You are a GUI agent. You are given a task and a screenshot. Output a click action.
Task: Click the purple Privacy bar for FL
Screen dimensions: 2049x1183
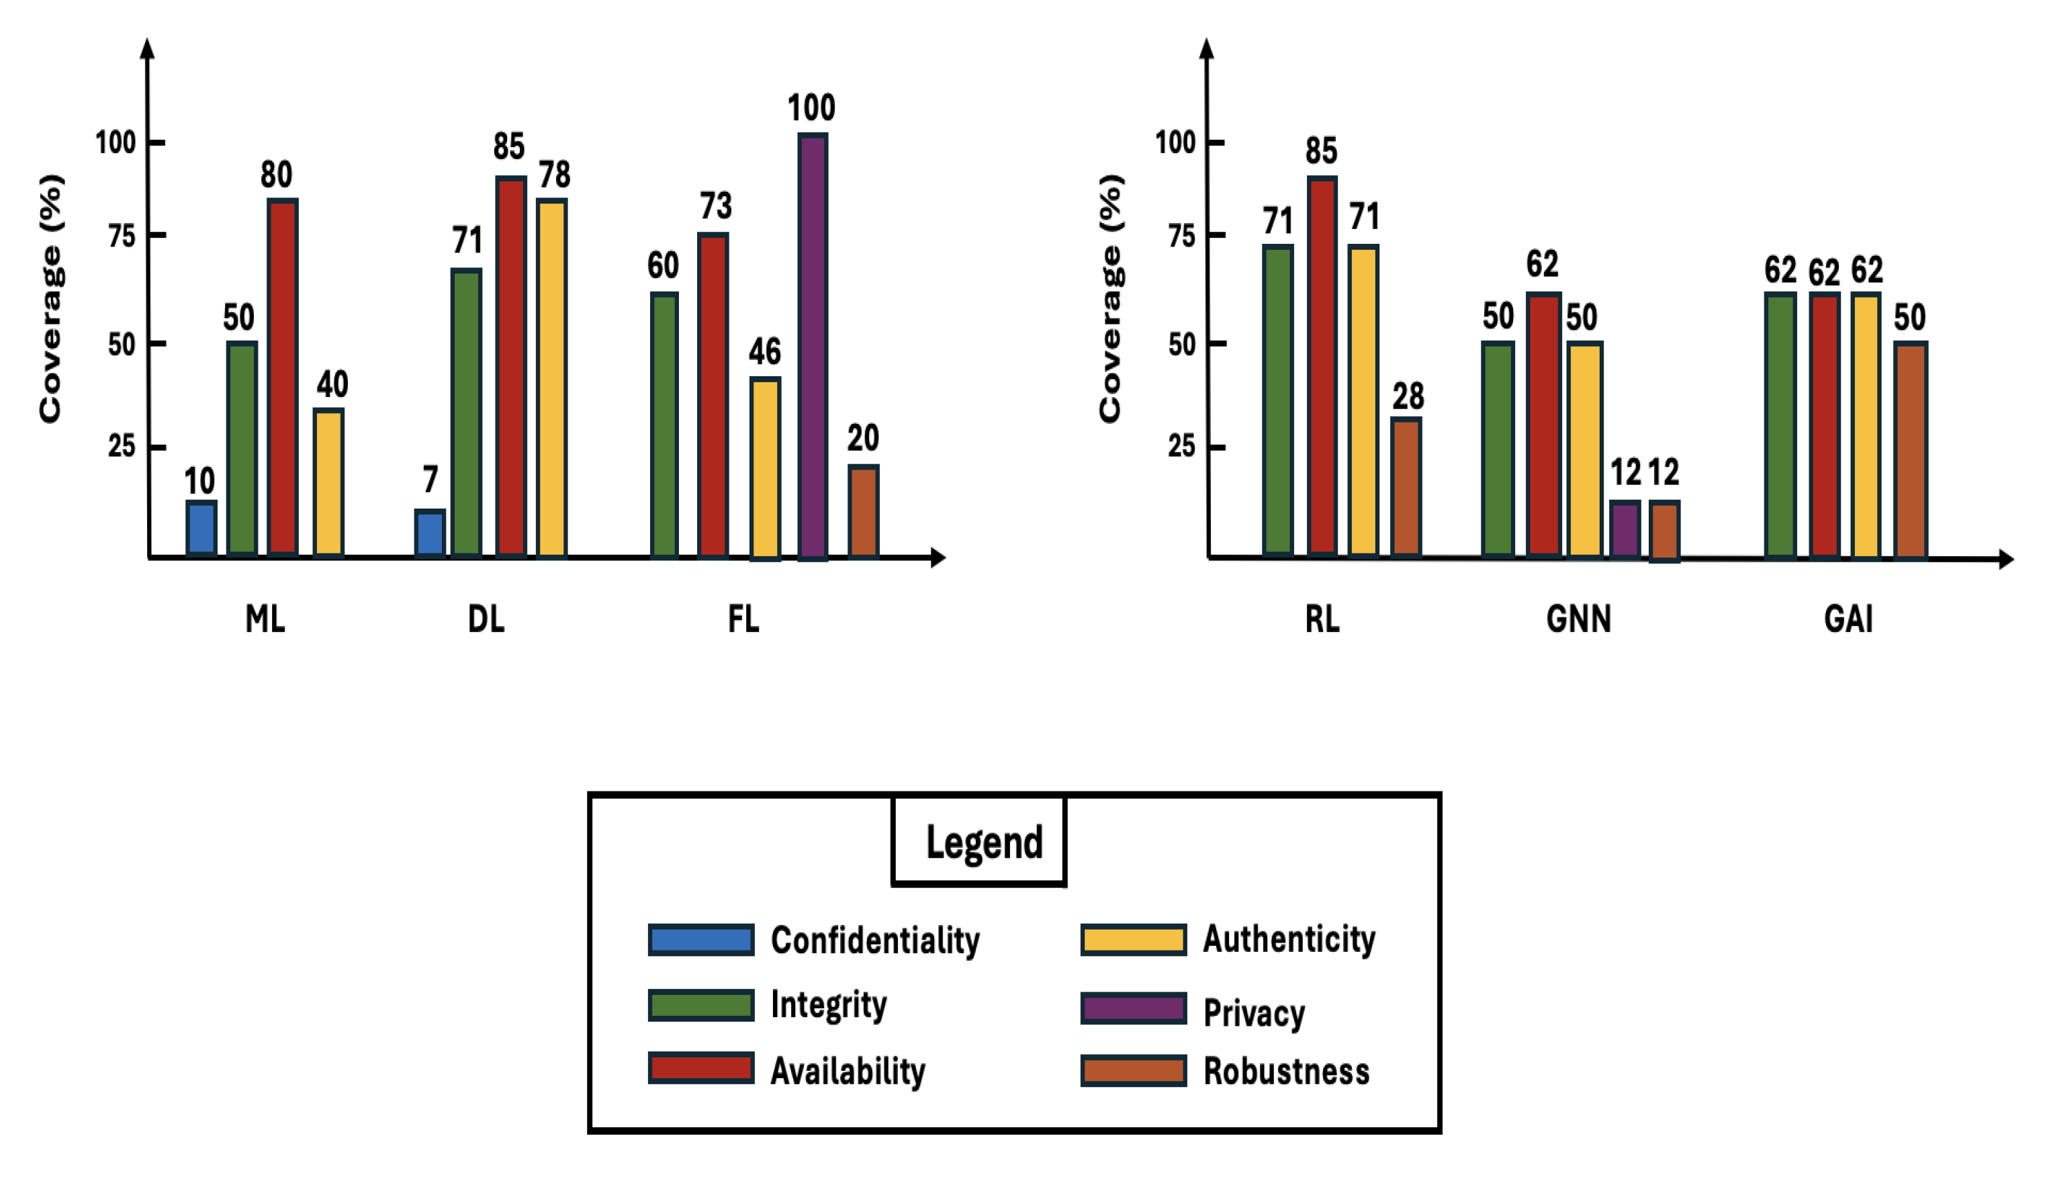812,347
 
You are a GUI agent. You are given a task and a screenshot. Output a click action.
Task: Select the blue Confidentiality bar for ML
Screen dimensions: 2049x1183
201,528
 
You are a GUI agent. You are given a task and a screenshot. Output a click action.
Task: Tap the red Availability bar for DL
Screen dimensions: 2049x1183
511,366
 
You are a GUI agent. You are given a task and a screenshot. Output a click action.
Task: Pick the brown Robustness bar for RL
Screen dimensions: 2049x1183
1406,488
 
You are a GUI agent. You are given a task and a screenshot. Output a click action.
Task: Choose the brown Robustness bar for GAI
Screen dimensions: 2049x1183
1910,450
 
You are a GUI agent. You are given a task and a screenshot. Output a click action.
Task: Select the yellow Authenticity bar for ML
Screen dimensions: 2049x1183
328,482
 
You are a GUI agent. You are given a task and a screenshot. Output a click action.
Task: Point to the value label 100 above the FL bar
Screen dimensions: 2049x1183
811,108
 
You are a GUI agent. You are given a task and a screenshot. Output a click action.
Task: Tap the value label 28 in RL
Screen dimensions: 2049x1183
1408,396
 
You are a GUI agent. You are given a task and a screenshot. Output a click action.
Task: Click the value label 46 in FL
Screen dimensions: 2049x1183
764,352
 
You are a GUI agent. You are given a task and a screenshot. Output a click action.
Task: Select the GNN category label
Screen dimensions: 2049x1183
1578,619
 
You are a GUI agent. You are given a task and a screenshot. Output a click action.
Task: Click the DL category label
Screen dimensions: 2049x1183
486,619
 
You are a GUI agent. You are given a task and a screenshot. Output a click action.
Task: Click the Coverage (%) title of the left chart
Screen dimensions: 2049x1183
50,298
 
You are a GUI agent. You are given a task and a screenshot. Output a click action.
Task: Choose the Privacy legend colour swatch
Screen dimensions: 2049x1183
1133,1008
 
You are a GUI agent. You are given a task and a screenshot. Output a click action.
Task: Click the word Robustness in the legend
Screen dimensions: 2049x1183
1286,1071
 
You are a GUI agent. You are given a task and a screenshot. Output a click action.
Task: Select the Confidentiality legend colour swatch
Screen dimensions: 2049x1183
701,939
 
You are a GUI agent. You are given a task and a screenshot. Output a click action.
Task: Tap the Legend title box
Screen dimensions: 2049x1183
978,841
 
